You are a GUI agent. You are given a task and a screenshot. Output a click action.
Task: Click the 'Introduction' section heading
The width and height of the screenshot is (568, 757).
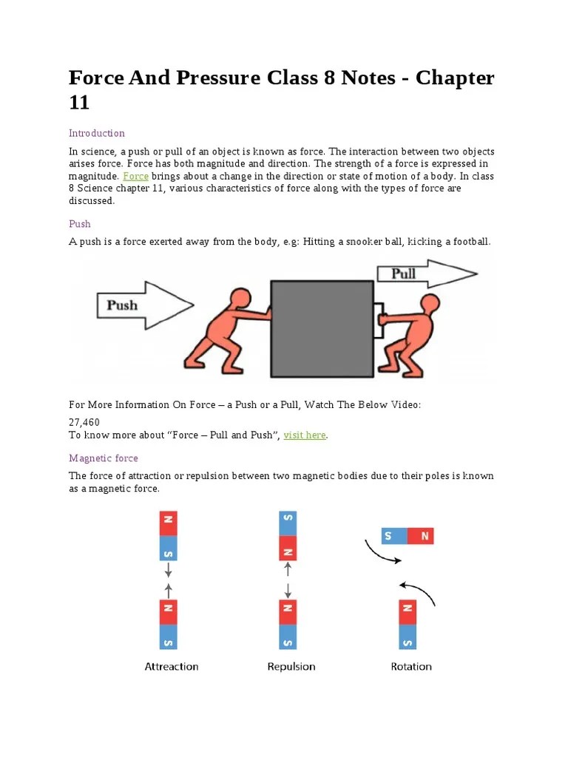pos(97,133)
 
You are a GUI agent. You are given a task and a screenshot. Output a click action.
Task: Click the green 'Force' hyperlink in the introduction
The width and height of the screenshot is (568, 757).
pos(135,176)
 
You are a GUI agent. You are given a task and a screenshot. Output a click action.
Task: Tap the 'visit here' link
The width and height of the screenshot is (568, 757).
pos(304,435)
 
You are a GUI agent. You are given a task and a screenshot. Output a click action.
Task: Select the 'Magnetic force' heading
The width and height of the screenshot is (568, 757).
pos(104,458)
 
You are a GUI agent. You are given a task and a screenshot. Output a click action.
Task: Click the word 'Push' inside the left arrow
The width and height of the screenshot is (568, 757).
pos(122,305)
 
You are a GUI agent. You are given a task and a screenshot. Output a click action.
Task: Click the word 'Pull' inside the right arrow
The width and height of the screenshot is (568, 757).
pos(403,274)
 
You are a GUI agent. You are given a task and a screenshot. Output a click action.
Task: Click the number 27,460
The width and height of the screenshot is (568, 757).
pos(84,421)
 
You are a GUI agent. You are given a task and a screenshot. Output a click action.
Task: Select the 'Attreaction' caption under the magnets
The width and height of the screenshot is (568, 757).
pos(171,666)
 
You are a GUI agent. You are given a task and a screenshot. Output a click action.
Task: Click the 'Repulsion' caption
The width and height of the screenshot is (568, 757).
pos(291,666)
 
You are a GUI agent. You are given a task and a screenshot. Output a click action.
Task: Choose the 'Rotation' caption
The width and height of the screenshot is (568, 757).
pos(411,666)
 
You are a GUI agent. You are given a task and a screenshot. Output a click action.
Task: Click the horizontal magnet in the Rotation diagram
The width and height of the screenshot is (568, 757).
pos(407,536)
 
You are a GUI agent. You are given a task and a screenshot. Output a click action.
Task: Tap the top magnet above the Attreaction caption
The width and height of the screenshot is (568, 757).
pos(169,535)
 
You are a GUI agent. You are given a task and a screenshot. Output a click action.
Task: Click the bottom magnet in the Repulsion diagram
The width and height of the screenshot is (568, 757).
pos(287,625)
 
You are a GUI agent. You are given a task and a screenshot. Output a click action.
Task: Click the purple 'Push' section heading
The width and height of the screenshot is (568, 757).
pos(80,223)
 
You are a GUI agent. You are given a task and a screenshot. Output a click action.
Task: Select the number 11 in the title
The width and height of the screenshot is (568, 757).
pos(79,103)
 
